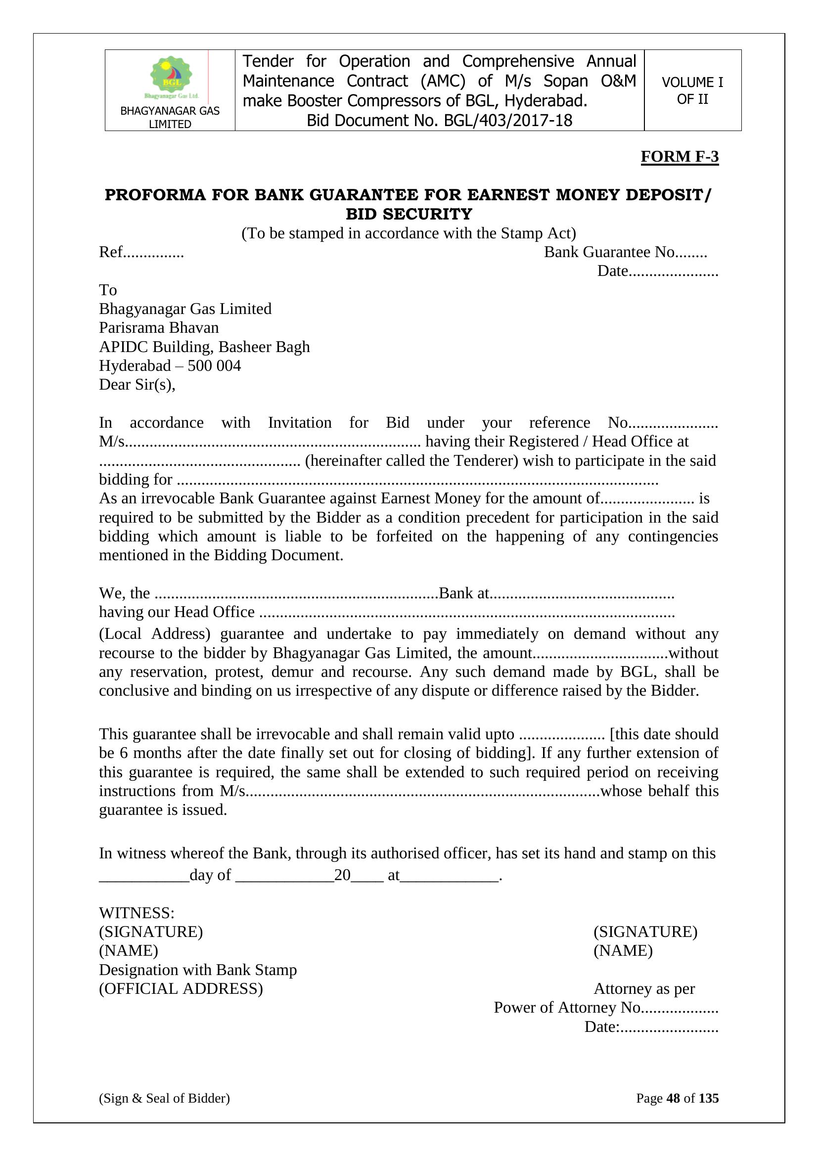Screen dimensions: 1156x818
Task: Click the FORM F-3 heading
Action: [679, 157]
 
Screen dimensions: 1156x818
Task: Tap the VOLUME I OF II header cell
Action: [692, 90]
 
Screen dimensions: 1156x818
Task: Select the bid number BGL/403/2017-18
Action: [508, 121]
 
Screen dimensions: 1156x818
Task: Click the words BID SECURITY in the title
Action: [409, 214]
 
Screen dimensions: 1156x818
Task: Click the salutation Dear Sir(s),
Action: [137, 385]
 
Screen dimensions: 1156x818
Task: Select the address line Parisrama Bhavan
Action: [159, 328]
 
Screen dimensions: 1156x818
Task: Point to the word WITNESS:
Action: [136, 913]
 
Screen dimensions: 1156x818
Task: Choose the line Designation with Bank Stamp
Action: [197, 970]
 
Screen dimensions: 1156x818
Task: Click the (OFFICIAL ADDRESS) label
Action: [181, 989]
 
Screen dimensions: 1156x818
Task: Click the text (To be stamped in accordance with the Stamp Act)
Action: [409, 233]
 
